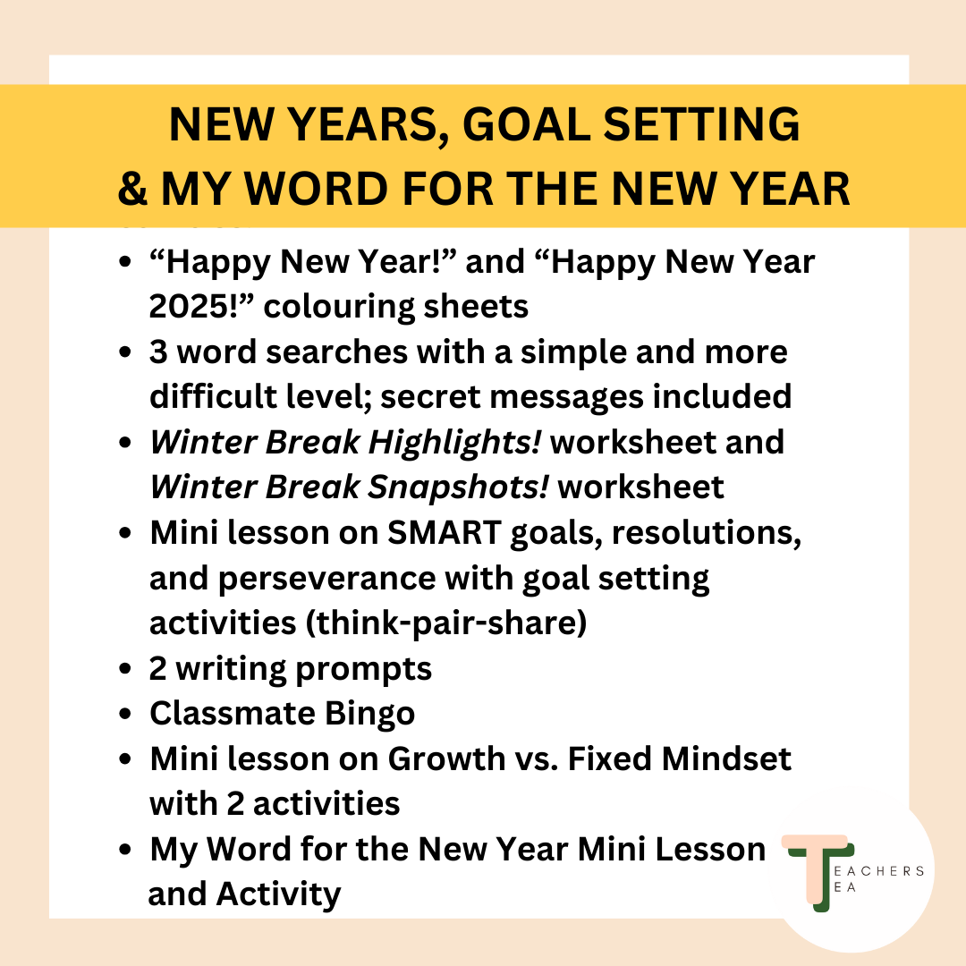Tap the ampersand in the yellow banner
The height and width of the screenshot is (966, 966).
click(x=135, y=190)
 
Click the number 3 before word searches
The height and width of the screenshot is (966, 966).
click(x=160, y=352)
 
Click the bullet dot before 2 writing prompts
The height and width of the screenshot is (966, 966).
click(x=126, y=669)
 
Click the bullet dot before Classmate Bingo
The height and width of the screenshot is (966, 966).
click(x=126, y=714)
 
